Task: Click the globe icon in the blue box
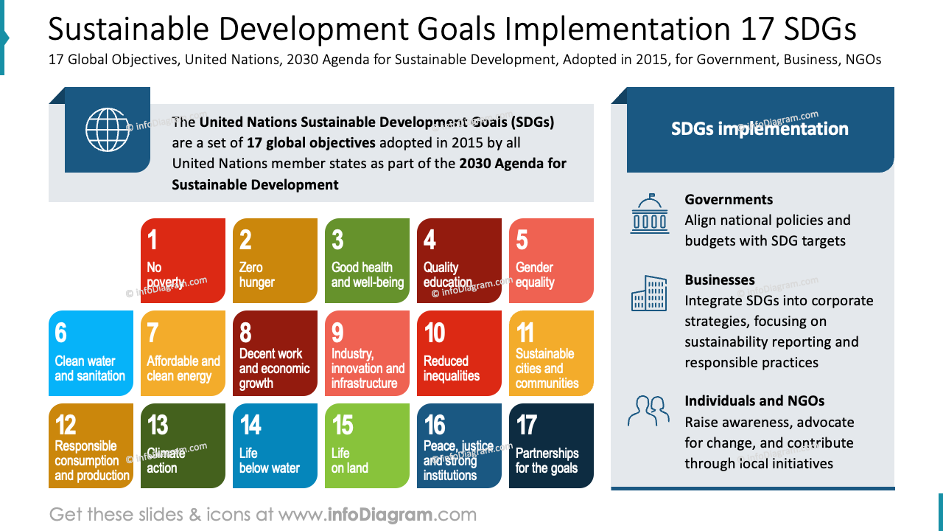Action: (107, 130)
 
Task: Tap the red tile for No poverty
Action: (183, 260)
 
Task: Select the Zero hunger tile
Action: (275, 260)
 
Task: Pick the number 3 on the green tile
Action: (337, 240)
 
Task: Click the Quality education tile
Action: (459, 260)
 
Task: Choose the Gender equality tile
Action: (551, 260)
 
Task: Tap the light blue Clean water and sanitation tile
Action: (91, 353)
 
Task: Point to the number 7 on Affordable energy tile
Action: (153, 333)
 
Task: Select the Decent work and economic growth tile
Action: (275, 353)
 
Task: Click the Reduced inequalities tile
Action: (459, 353)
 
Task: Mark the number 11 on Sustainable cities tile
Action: (525, 333)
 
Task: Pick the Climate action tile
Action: (183, 445)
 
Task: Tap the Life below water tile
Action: (275, 445)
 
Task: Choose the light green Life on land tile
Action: (367, 445)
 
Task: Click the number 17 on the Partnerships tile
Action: (527, 425)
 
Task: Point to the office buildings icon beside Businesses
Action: (649, 294)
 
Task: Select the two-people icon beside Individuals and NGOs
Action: (648, 411)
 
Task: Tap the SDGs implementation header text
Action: (760, 129)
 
